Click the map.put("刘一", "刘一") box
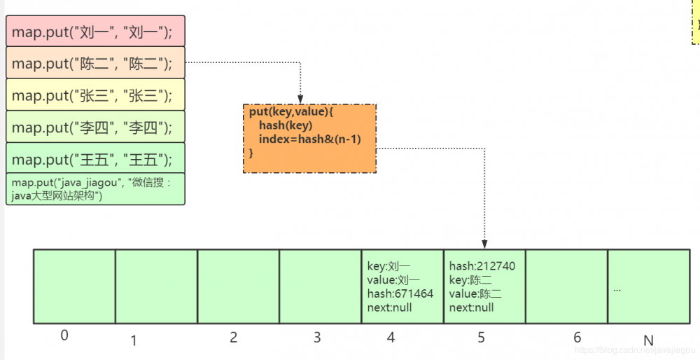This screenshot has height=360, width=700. [95, 32]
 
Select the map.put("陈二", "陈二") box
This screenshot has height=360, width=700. [95, 64]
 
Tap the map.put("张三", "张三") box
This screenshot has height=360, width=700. [95, 95]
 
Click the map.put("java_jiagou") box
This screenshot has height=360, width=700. [95, 189]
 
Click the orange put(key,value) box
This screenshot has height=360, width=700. [309, 139]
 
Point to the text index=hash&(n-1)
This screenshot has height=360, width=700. [309, 139]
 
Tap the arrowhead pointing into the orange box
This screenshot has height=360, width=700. [300, 99]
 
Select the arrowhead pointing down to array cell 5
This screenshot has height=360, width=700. [484, 242]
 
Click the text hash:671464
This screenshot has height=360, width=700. [400, 293]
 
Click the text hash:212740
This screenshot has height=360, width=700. [482, 266]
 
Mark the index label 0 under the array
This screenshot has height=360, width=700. [64, 335]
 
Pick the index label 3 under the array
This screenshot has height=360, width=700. [317, 338]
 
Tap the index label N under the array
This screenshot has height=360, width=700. [648, 340]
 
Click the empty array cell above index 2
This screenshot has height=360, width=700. [238, 286]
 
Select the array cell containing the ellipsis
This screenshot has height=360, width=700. [648, 286]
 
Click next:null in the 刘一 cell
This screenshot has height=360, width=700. [390, 307]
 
